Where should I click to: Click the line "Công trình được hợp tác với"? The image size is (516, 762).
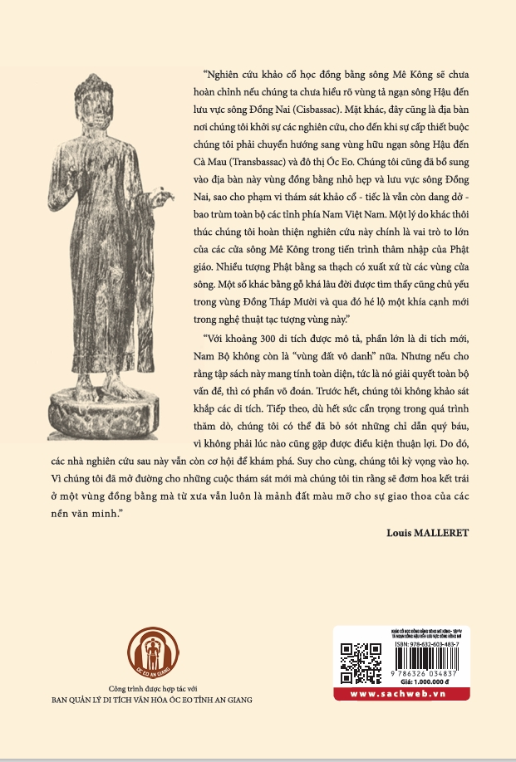click(150, 688)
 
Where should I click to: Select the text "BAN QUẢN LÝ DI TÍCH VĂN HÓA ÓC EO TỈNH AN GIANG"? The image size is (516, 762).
click(150, 700)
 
